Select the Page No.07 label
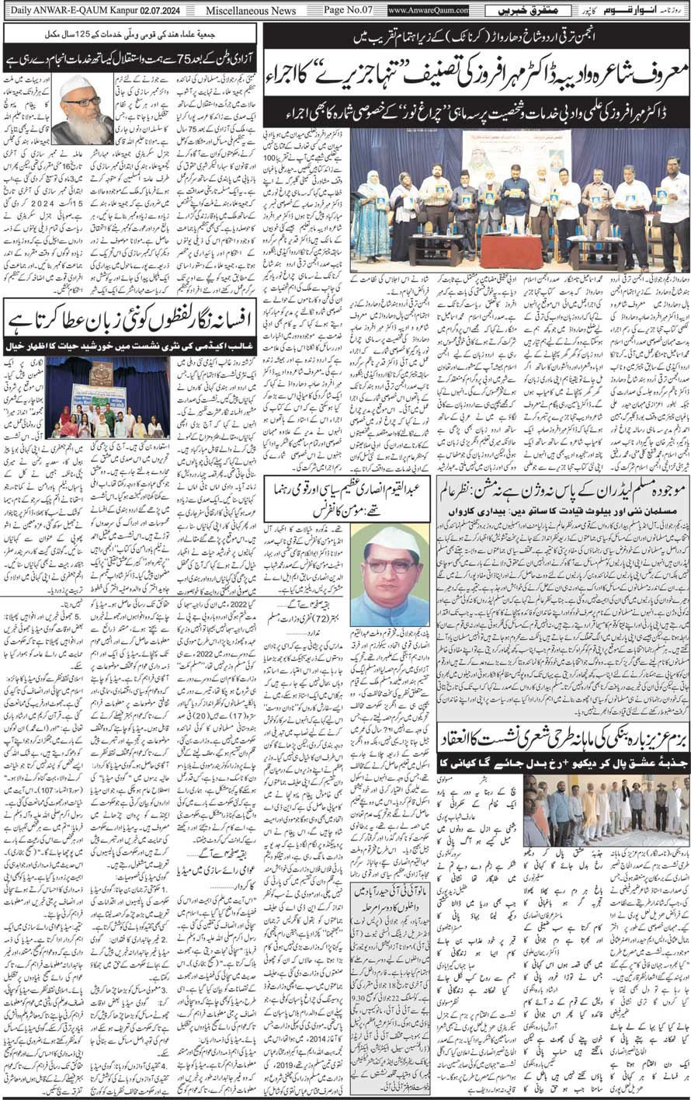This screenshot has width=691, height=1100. [350, 10]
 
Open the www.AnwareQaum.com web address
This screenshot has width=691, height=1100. [428, 10]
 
